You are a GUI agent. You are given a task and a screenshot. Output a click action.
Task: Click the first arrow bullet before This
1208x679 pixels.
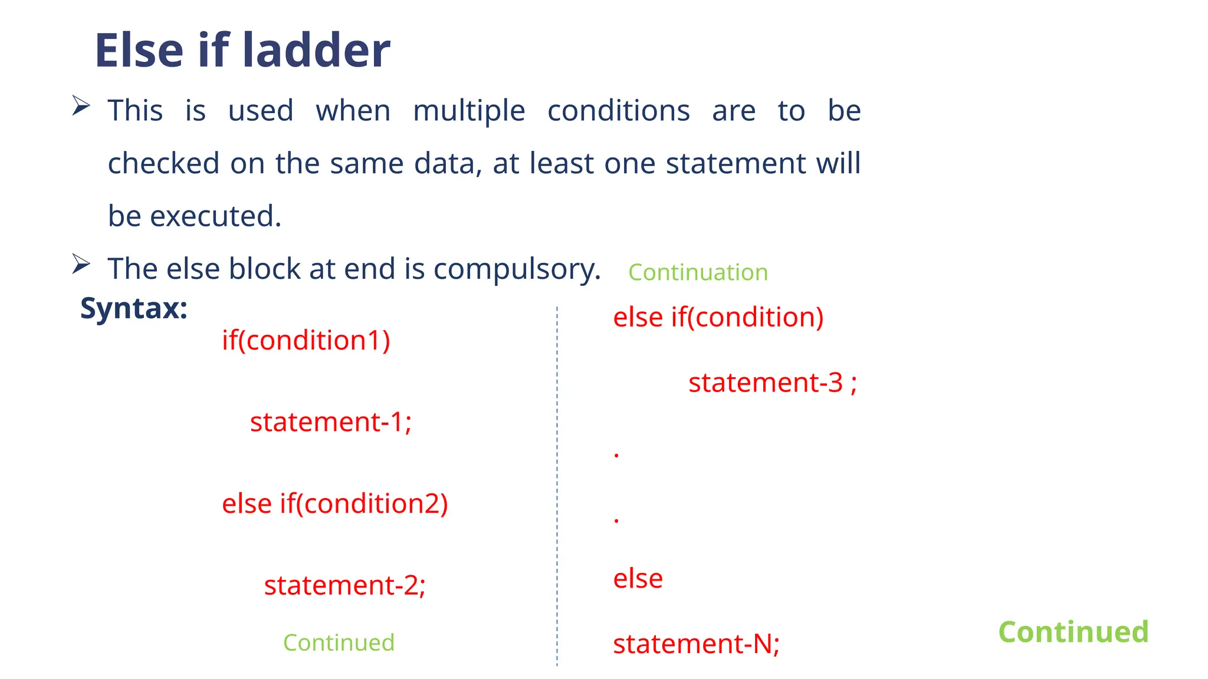click(x=81, y=106)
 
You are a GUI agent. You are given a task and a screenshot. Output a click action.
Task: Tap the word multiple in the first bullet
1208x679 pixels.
click(x=469, y=111)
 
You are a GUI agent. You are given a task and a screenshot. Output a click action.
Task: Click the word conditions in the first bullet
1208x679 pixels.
click(x=618, y=111)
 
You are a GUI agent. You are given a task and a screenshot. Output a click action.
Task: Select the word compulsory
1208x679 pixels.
click(x=517, y=269)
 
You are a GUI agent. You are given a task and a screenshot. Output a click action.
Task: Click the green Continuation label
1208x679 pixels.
click(x=698, y=272)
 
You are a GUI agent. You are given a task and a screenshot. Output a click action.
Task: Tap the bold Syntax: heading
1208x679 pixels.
click(x=134, y=308)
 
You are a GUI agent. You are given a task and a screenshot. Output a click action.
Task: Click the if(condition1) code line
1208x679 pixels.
click(x=306, y=340)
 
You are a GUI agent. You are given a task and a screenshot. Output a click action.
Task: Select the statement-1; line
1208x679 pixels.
click(x=330, y=422)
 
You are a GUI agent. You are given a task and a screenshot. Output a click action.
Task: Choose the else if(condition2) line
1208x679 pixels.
click(x=334, y=504)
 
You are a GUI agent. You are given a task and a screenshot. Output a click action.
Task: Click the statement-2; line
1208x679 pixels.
click(x=344, y=585)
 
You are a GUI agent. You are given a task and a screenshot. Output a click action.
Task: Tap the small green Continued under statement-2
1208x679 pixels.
click(x=339, y=642)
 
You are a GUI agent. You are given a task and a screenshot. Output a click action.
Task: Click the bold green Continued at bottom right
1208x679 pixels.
click(x=1073, y=632)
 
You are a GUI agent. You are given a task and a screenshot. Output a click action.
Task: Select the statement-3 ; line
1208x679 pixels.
click(x=772, y=383)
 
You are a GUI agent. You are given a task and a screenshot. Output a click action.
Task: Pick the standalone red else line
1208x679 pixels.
click(x=638, y=578)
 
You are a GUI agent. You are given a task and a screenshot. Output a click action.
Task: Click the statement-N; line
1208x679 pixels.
click(x=696, y=644)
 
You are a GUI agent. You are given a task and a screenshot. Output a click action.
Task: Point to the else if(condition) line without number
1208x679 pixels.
click(x=718, y=317)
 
